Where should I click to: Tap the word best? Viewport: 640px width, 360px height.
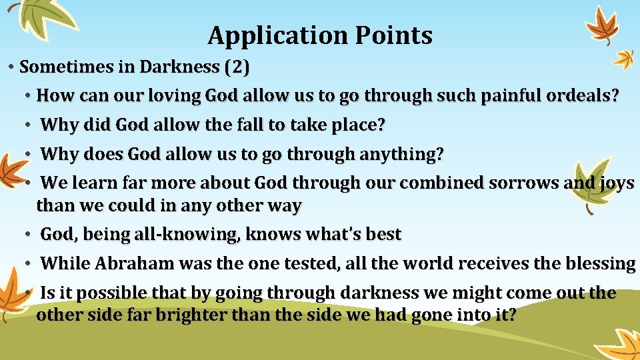pyautogui.click(x=383, y=235)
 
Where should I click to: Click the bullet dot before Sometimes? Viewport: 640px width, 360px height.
pyautogui.click(x=11, y=67)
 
